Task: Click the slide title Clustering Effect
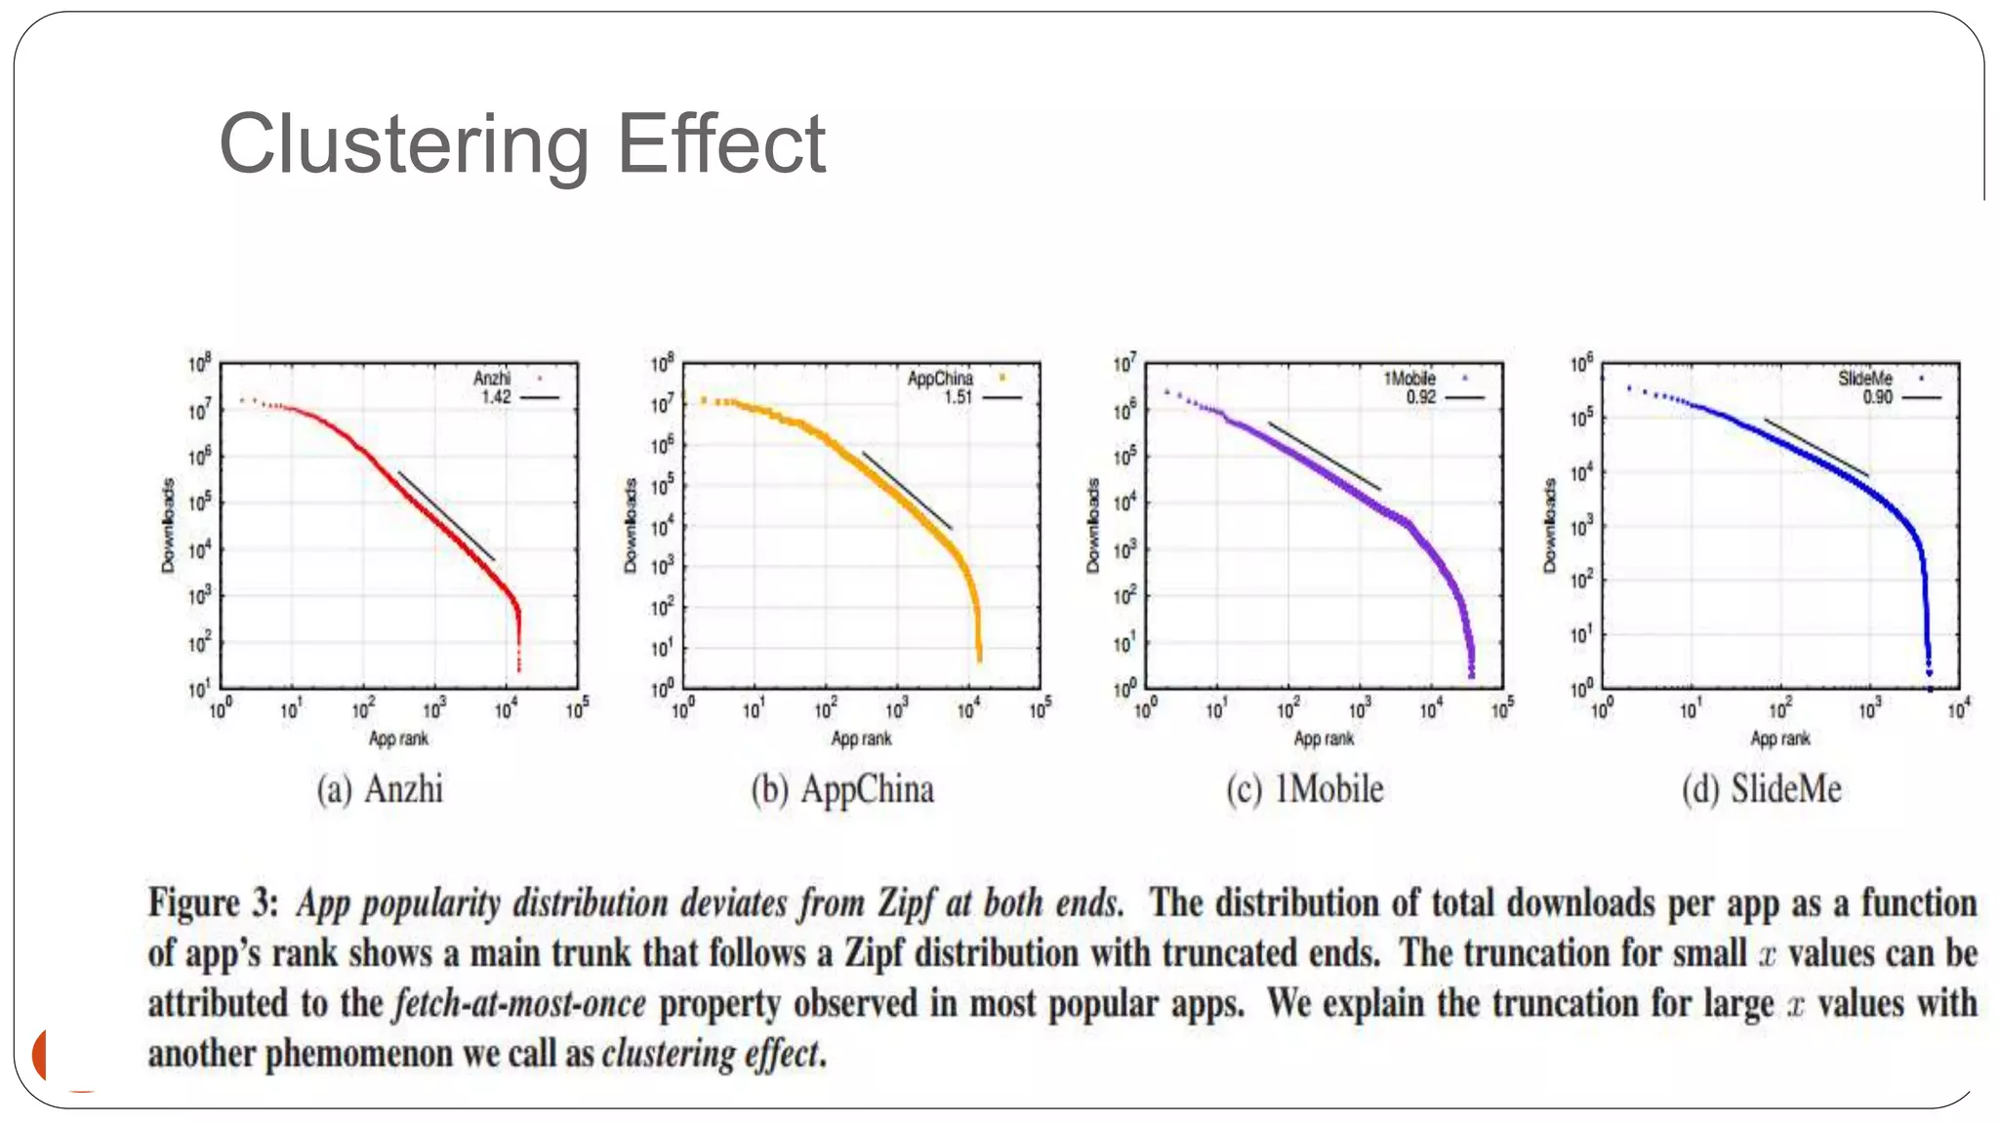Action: (522, 144)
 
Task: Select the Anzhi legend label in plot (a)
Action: (492, 379)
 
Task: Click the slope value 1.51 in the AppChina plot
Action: (957, 397)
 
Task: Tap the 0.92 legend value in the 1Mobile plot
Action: (1420, 397)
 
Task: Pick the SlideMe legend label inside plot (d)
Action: (1864, 379)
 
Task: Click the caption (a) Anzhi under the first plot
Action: (380, 788)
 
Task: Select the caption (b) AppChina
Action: (842, 788)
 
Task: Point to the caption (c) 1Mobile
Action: (1305, 788)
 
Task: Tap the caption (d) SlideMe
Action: (1762, 788)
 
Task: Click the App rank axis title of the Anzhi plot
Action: (398, 739)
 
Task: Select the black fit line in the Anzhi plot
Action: (446, 516)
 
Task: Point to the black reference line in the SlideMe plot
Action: (1816, 448)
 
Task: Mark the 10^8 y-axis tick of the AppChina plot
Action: (663, 364)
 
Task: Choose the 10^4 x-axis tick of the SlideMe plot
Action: (1958, 709)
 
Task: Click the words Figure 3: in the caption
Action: (213, 903)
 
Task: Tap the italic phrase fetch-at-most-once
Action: (519, 1004)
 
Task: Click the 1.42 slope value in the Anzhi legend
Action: (495, 397)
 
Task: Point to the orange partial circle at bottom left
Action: (41, 1055)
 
